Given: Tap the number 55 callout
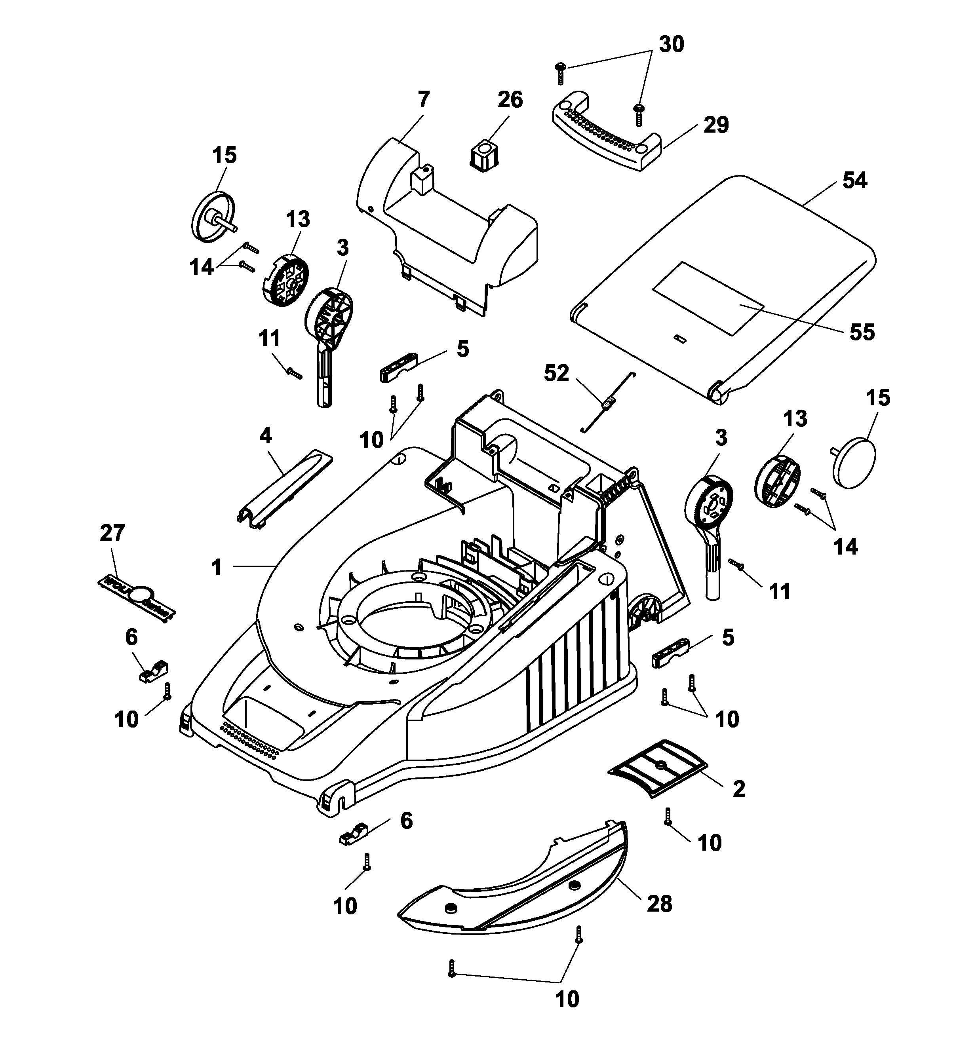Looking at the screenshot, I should tap(861, 332).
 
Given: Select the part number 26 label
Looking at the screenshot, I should tap(510, 99).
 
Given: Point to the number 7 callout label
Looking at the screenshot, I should tap(423, 99).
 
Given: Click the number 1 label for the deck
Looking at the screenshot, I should tap(217, 568).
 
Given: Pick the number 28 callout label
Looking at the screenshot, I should tap(659, 904).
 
